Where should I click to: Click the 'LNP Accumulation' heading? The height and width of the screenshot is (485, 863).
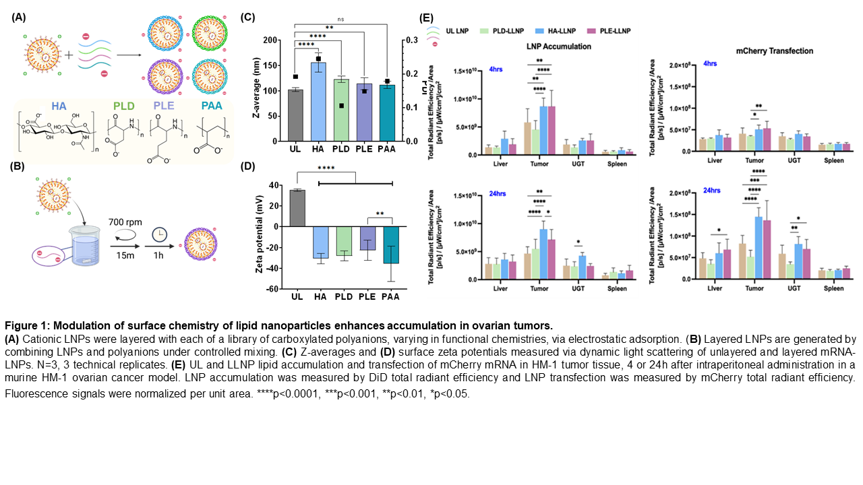point(558,47)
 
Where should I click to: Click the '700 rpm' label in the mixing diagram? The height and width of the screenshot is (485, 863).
point(125,222)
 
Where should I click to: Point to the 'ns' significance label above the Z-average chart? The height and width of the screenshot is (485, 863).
point(340,20)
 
